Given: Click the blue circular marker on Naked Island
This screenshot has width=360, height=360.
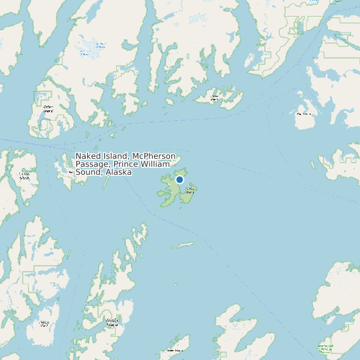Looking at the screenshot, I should tap(179, 179).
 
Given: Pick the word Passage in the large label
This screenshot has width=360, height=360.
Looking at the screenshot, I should tap(92, 164).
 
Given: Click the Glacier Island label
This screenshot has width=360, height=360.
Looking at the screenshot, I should tap(215, 98).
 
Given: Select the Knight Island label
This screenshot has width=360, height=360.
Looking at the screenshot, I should tap(112, 323).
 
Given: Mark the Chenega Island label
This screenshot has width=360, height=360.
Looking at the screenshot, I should tap(44, 324).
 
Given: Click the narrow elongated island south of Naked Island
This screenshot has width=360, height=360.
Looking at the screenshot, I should tap(185, 245).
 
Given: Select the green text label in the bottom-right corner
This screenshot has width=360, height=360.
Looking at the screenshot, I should tap(325, 347).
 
